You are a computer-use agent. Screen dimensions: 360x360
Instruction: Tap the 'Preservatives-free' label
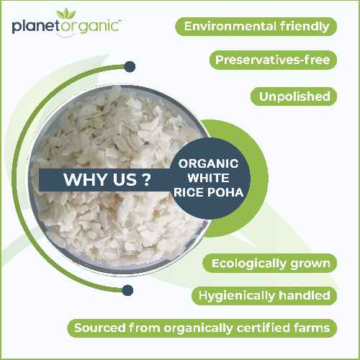(273, 60)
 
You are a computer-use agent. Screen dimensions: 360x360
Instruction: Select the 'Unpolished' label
(294, 96)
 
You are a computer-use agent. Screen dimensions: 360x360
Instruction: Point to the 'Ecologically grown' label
(271, 263)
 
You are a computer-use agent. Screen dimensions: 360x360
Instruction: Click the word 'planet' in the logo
(34, 27)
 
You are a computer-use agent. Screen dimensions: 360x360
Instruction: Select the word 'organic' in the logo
(86, 28)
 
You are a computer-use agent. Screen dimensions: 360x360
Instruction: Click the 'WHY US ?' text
(102, 180)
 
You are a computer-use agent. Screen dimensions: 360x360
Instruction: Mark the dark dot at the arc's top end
(130, 67)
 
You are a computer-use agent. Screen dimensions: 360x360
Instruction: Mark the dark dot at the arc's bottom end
(128, 289)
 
